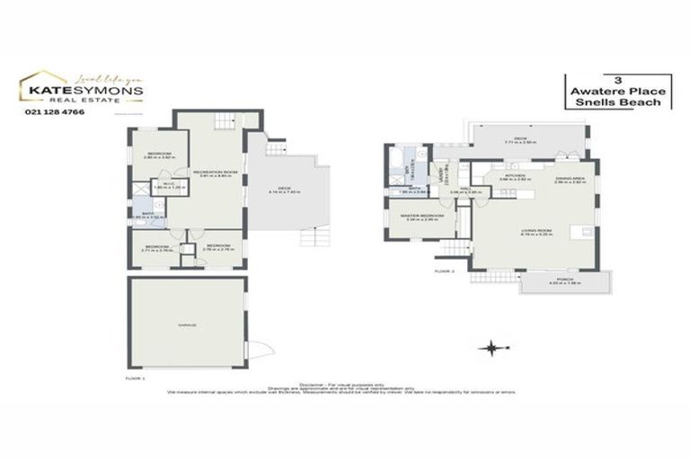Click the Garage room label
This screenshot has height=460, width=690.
click(x=187, y=324)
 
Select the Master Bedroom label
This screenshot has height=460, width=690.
click(x=421, y=217)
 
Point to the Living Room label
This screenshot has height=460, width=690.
click(x=535, y=231)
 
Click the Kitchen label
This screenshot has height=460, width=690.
click(x=514, y=176)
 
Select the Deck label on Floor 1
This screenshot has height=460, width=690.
click(x=287, y=188)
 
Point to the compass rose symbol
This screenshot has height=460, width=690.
click(x=491, y=347)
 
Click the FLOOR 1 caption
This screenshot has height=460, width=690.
click(x=135, y=380)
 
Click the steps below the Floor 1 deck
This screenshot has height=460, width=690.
click(x=308, y=239)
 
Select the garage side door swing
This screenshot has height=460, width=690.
click(x=254, y=351)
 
